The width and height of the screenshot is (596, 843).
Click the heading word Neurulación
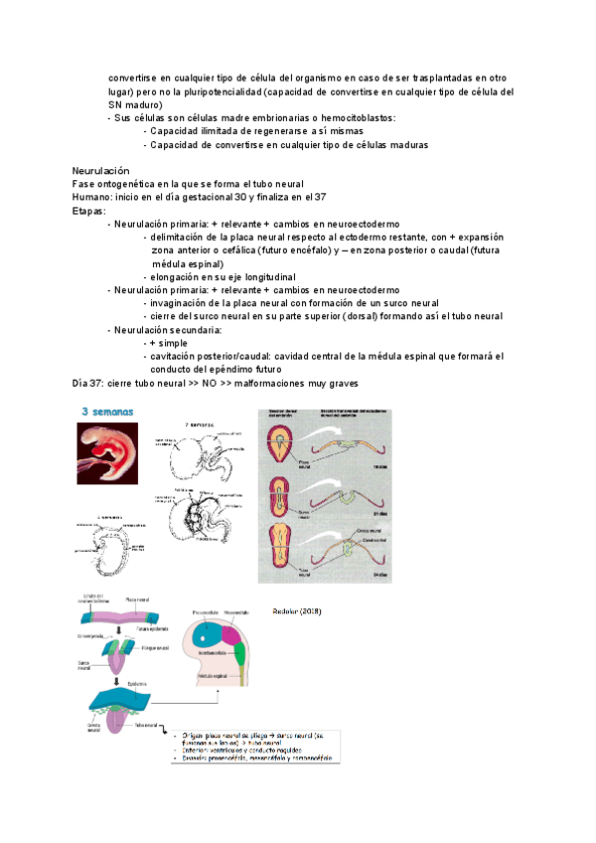(101, 171)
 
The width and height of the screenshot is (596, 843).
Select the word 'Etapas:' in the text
(90, 211)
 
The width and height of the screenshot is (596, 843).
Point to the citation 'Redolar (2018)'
(297, 609)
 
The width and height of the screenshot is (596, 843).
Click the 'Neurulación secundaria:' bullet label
(168, 329)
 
